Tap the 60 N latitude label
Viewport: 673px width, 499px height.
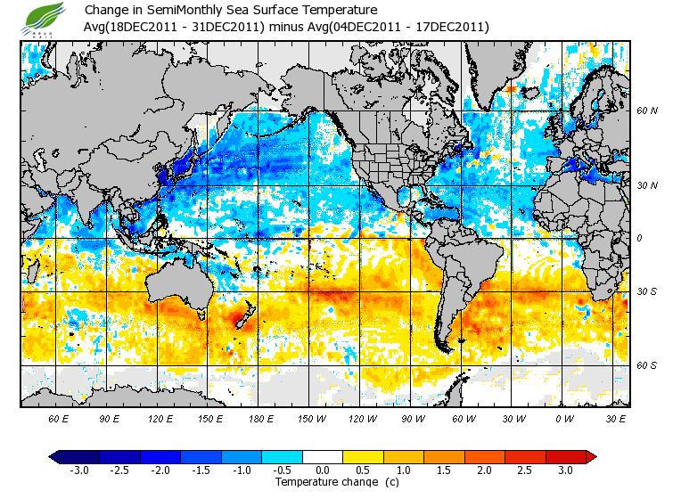pyautogui.click(x=646, y=111)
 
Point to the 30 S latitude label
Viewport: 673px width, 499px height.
pyautogui.click(x=646, y=292)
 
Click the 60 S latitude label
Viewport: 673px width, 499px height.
pyautogui.click(x=646, y=365)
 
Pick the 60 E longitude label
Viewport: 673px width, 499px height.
pyautogui.click(x=59, y=418)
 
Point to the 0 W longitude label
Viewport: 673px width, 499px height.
pyautogui.click(x=563, y=418)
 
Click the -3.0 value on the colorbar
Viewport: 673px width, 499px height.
pyautogui.click(x=79, y=470)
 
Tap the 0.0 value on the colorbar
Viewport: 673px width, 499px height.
pyautogui.click(x=323, y=470)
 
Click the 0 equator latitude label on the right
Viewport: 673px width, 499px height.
pyautogui.click(x=639, y=238)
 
